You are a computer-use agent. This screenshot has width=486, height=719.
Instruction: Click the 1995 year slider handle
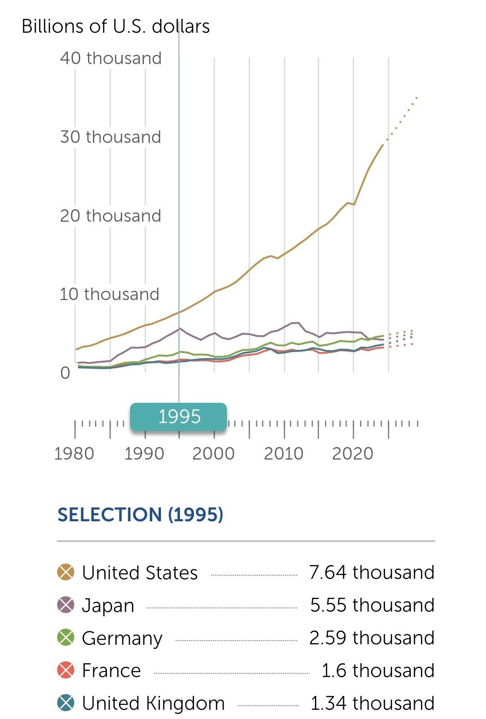click(x=178, y=417)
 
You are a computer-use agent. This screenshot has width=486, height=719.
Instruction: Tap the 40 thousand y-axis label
click(x=111, y=59)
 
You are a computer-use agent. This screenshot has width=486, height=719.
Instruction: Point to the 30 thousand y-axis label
click(x=111, y=137)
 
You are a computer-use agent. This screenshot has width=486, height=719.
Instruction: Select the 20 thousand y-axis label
click(x=111, y=216)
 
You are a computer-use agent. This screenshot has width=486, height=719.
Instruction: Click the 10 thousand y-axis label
click(x=109, y=294)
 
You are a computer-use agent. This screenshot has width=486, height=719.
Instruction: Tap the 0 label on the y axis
click(x=65, y=372)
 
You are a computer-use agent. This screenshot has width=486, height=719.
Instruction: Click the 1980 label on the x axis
click(x=74, y=454)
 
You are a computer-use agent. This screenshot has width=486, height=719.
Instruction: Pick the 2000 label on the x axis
click(x=213, y=454)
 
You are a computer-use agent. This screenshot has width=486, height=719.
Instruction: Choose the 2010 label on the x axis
click(x=284, y=454)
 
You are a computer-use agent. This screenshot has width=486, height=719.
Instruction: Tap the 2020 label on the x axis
click(x=353, y=454)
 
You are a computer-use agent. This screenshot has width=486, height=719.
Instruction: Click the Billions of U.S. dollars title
click(x=116, y=26)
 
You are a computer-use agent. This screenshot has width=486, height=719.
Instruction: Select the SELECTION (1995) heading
click(x=140, y=514)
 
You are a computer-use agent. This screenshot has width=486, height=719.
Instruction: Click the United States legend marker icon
click(x=66, y=572)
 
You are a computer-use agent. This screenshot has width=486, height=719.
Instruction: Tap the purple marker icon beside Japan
click(x=66, y=605)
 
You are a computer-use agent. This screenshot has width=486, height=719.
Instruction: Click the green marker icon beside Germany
click(x=66, y=638)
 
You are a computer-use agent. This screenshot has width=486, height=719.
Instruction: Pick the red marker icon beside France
click(x=66, y=671)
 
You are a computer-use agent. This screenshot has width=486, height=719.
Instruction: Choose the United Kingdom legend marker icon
click(x=66, y=703)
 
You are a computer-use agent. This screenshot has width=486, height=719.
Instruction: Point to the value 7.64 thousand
click(x=372, y=572)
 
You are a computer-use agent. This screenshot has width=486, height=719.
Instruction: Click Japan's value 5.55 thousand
click(x=372, y=605)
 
